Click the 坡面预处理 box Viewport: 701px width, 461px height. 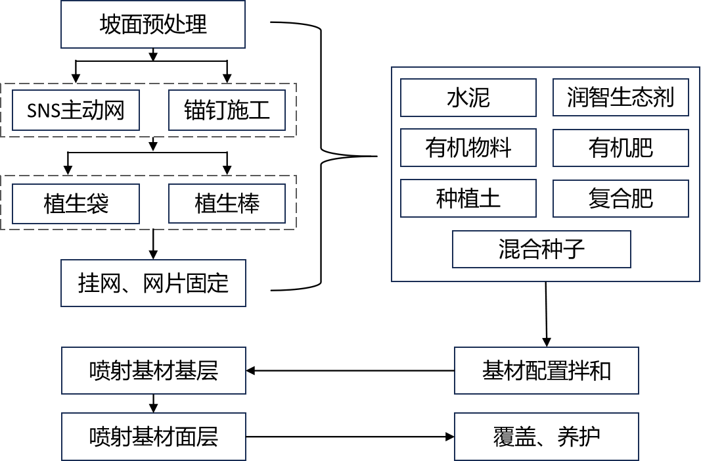tap(153, 25)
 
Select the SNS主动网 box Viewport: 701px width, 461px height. tap(76, 110)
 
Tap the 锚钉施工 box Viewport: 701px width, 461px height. tap(227, 110)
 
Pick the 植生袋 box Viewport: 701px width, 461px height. tap(76, 204)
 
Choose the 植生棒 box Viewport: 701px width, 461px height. tap(227, 204)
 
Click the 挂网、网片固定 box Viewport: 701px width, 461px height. tap(153, 283)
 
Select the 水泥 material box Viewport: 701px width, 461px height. tap(468, 98)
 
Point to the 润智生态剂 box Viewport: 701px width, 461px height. tap(620, 98)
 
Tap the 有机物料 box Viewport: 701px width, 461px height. tap(468, 147)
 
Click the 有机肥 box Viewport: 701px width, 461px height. tap(620, 147)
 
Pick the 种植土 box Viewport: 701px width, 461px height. tap(468, 198)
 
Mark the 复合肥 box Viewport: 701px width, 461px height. tap(620, 198)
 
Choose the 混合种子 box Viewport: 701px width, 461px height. tap(541, 249)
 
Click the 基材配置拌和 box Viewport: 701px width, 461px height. tap(546, 371)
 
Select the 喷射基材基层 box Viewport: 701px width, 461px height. tap(153, 371)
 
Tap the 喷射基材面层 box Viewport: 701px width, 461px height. tap(153, 436)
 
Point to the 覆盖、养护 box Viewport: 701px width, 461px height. tap(546, 436)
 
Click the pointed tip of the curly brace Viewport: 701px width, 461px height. tap(376, 157)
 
